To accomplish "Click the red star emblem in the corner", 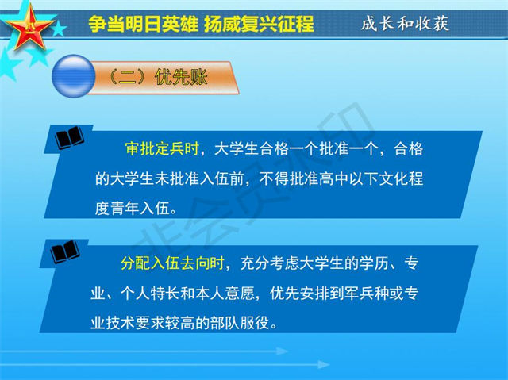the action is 29,28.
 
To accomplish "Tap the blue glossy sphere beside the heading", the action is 74,76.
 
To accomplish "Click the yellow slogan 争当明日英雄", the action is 143,23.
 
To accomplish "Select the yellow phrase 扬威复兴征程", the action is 260,23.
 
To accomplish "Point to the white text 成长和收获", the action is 405,23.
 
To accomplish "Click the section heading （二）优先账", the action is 157,77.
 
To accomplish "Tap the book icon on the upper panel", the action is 69,137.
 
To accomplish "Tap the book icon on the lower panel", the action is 65,251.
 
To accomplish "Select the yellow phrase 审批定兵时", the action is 162,149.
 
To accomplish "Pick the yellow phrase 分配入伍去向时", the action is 173,263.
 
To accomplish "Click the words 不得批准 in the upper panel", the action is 289,178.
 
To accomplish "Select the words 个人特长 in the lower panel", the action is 150,294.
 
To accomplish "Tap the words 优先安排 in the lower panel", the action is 300,294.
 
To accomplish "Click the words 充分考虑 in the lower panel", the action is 270,263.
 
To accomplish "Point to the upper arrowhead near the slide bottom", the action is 282,351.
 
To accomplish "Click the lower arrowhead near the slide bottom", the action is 324,365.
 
